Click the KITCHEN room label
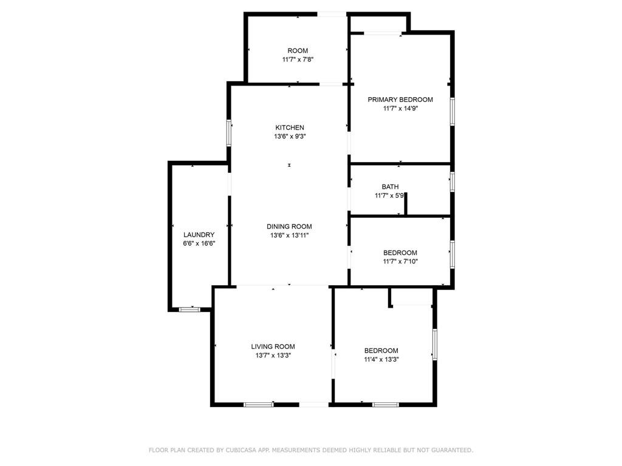pyautogui.click(x=290, y=127)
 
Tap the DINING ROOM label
pyautogui.click(x=289, y=227)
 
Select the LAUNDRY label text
pyautogui.click(x=199, y=235)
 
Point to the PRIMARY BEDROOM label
pyautogui.click(x=400, y=100)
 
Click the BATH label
pyautogui.click(x=391, y=187)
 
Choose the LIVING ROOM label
pyautogui.click(x=273, y=346)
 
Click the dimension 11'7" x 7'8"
pyautogui.click(x=298, y=59)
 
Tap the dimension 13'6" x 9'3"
pyautogui.click(x=290, y=137)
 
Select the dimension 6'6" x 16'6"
pyautogui.click(x=199, y=244)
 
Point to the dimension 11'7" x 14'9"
pyautogui.click(x=401, y=108)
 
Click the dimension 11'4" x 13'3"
pyautogui.click(x=381, y=359)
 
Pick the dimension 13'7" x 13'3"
pyautogui.click(x=273, y=356)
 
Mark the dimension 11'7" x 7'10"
pyautogui.click(x=400, y=261)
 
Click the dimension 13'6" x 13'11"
pyautogui.click(x=290, y=235)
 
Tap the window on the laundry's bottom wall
pyautogui.click(x=190, y=309)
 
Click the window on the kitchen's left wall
pyautogui.click(x=229, y=133)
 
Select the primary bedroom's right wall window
pyautogui.click(x=452, y=112)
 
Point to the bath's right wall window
pyautogui.click(x=452, y=182)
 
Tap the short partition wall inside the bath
pyautogui.click(x=405, y=204)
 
